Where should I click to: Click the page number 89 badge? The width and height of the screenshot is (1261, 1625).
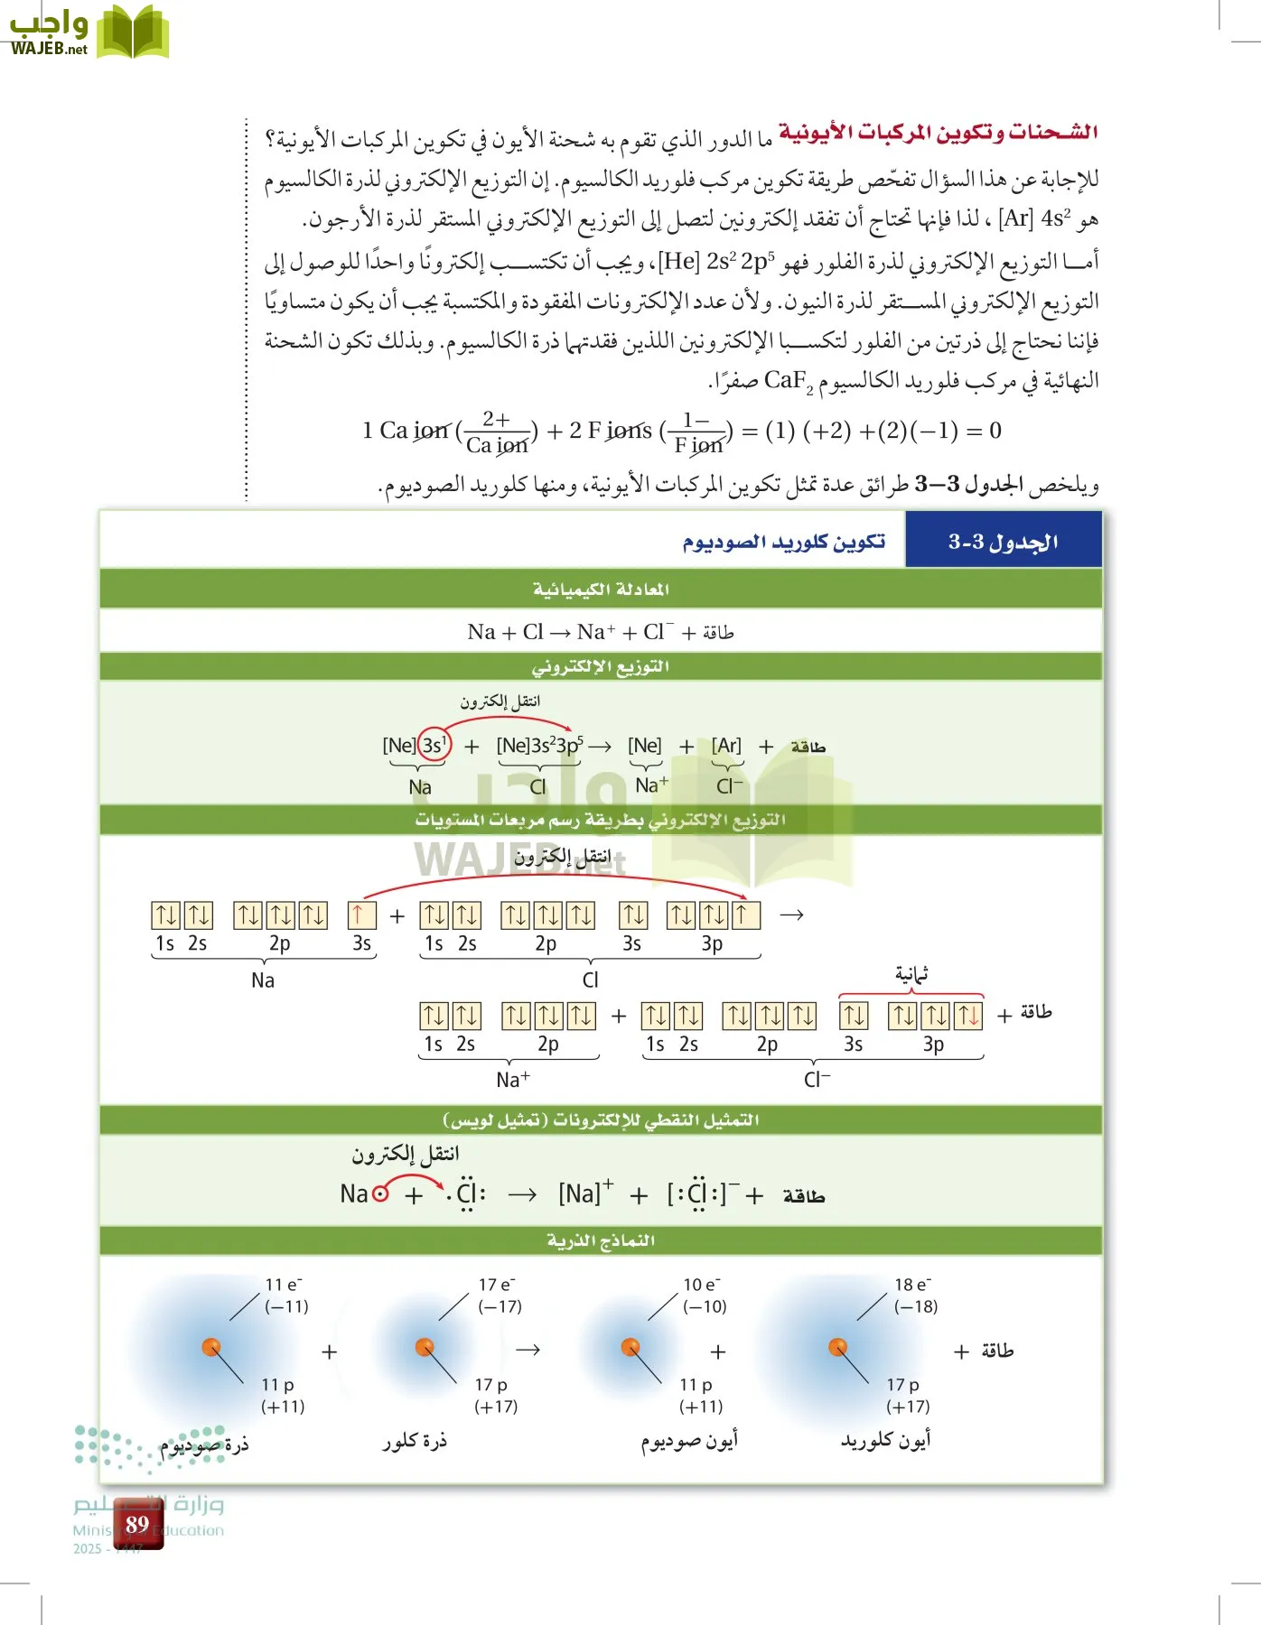coord(137,1524)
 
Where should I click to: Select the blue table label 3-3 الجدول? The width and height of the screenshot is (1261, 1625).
coord(1003,542)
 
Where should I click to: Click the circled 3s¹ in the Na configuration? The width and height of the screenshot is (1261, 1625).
coord(434,746)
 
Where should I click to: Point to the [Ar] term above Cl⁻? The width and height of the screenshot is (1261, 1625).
coord(726,746)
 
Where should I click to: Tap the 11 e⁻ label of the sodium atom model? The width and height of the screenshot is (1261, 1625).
coord(284,1285)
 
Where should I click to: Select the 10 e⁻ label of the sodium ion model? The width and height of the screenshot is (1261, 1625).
coord(702,1285)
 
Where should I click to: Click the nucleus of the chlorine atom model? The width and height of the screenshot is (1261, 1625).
coord(425,1347)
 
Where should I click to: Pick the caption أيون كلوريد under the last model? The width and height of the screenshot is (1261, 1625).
coord(885,1440)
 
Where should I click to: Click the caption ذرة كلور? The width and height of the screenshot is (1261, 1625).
coord(415,1441)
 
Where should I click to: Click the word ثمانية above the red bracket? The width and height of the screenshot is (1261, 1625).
coord(911,974)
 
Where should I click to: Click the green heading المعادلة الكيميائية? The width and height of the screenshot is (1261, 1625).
coord(601,590)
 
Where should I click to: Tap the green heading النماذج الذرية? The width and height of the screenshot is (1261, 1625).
coord(601,1240)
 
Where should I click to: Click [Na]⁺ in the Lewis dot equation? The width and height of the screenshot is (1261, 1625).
coord(585,1193)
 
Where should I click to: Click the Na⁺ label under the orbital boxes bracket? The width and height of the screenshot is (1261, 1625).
coord(513,1079)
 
